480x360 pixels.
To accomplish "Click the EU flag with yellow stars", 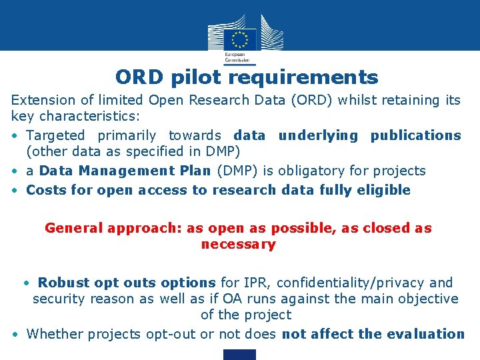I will coord(239,38).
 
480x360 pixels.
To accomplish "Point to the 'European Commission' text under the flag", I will coord(234,56).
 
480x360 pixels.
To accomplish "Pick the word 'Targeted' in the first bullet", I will coord(58,135).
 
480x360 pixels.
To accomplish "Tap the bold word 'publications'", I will coord(416,135).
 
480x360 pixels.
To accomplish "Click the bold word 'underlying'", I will coord(318,135).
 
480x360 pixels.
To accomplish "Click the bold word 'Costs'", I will coord(46,190).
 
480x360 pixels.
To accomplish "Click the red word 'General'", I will coord(71,228).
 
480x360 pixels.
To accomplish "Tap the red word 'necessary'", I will coord(238,245).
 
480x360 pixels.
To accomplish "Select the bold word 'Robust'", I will coord(62,283).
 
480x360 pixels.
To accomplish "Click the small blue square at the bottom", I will coord(239,355).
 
